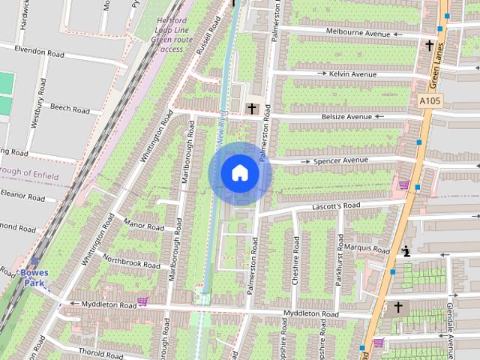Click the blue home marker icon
(239, 173)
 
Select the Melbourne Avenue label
(358, 32)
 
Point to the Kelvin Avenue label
(352, 74)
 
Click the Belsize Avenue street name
(347, 117)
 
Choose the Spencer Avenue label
(340, 160)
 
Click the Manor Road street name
(143, 226)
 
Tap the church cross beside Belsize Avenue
(252, 109)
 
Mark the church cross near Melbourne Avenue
(430, 46)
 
